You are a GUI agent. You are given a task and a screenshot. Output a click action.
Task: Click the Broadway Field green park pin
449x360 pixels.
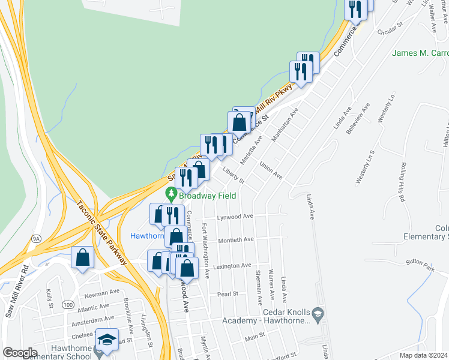point(171,194)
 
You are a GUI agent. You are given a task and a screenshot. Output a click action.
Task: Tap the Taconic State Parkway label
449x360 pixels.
point(102,231)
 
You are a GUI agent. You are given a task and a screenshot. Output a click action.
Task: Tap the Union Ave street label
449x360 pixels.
point(271,170)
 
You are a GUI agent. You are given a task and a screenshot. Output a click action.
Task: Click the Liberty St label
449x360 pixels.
point(234,176)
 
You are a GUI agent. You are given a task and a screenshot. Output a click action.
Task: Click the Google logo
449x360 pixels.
point(20,353)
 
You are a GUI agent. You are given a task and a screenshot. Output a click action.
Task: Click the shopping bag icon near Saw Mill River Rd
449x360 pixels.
point(82,259)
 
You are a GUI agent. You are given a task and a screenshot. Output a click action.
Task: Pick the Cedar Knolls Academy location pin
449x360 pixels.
point(318,313)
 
